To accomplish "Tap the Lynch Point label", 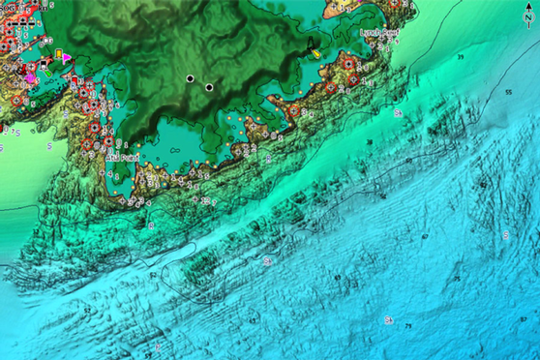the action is coord(378,32).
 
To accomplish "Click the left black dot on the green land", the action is coord(191,77).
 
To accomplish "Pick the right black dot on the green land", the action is coord(209,88).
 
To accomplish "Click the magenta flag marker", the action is coord(65,58).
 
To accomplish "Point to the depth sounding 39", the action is coord(460,59).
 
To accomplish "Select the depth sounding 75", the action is coord(407,327).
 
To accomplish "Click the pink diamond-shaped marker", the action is coord(32,75).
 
